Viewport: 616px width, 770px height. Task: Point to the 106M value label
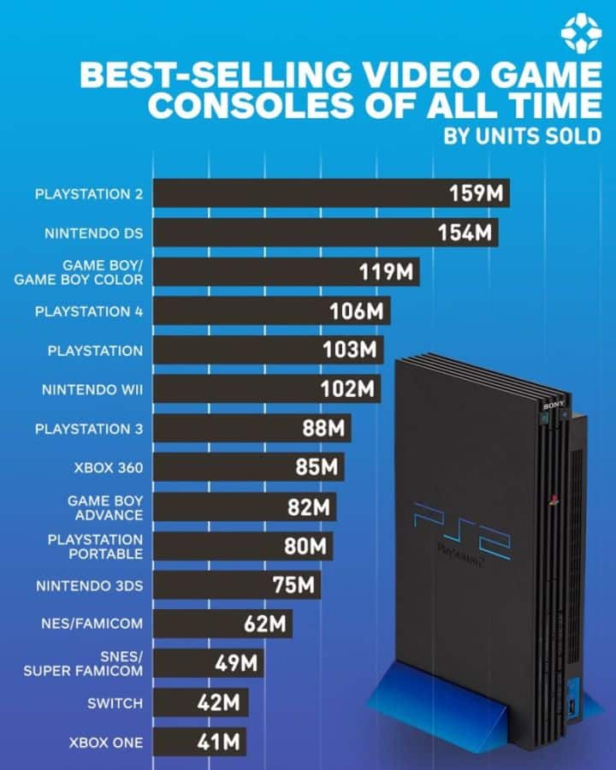click(356, 311)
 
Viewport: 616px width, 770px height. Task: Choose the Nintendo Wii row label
click(92, 390)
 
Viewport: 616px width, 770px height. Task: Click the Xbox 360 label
click(107, 468)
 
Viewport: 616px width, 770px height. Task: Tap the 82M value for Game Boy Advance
click(308, 507)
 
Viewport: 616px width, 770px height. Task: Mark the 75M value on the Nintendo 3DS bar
click(293, 586)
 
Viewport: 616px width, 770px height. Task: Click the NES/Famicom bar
click(222, 625)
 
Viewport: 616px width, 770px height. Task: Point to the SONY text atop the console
click(552, 403)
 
